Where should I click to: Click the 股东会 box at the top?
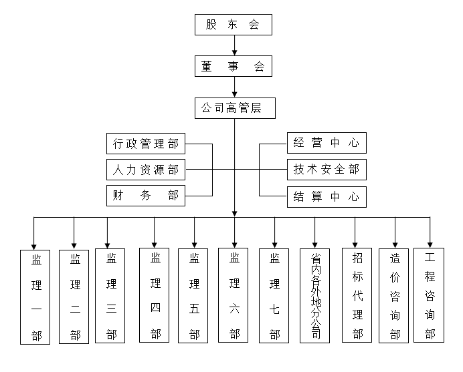click(x=234, y=25)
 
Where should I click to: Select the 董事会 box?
click(x=234, y=66)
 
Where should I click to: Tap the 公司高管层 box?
click(x=234, y=108)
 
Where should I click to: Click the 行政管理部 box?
click(x=146, y=143)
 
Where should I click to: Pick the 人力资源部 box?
click(x=146, y=170)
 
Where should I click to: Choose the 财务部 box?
click(x=146, y=196)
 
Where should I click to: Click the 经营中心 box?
click(x=327, y=143)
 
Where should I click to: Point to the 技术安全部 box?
click(x=327, y=170)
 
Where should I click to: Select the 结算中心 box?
click(x=327, y=196)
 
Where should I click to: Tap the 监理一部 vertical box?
click(x=36, y=297)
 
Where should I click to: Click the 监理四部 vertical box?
click(x=155, y=295)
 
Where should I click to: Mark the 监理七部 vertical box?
click(x=274, y=295)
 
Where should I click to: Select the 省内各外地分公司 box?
click(x=314, y=295)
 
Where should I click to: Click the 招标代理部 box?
click(x=357, y=295)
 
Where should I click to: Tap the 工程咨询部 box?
click(x=430, y=295)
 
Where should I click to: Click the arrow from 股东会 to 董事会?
click(x=234, y=45)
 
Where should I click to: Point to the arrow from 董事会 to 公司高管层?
click(x=234, y=87)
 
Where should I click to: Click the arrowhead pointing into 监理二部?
click(x=74, y=245)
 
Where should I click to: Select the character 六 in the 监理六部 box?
click(x=234, y=309)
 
